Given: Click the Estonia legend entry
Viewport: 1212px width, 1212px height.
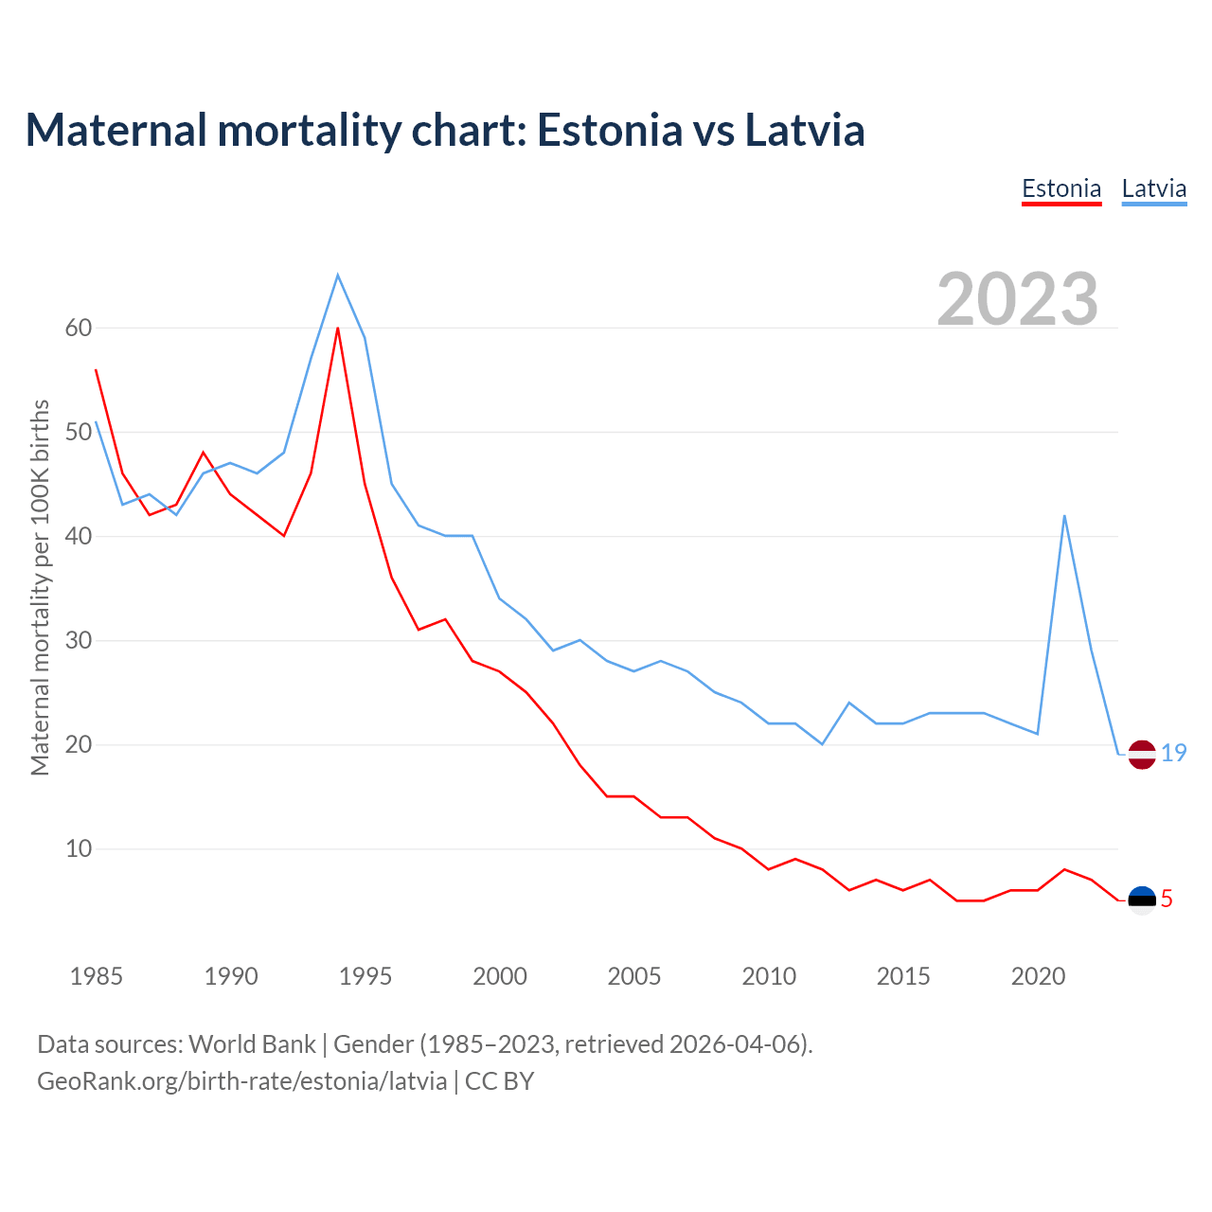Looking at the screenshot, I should click(1061, 188).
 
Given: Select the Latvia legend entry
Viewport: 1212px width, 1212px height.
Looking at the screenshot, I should click(1153, 188).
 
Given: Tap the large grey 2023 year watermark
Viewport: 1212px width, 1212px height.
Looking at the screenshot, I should click(1018, 298).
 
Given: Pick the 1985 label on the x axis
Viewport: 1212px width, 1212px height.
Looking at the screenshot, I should click(96, 976).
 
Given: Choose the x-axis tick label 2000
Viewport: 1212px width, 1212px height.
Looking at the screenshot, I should click(500, 976).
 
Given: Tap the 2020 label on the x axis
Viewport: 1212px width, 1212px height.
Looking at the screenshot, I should click(1038, 976).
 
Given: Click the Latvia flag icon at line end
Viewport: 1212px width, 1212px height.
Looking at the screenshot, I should click(1142, 755).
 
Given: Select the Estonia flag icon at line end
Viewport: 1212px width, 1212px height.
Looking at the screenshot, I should click(1142, 900).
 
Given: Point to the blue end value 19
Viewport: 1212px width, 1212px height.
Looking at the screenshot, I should click(1174, 754).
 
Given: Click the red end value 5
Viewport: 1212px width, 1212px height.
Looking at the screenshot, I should click(1167, 900).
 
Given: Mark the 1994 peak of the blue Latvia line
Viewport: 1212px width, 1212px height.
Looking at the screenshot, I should click(338, 276).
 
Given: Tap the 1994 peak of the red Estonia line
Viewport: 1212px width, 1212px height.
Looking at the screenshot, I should click(338, 329).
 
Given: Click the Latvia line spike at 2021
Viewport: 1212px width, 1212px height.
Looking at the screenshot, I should click(1064, 516).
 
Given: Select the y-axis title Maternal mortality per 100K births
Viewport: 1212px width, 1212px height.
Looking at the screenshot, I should click(41, 587).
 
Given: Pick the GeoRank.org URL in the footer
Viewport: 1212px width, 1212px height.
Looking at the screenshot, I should click(241, 1080).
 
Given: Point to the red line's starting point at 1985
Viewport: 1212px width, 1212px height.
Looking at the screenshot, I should click(97, 370).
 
